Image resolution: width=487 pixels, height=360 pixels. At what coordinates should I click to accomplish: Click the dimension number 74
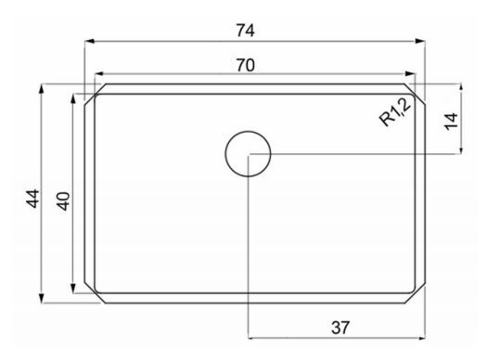pyautogui.click(x=246, y=31)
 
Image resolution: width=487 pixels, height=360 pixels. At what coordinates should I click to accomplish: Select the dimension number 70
pyautogui.click(x=246, y=65)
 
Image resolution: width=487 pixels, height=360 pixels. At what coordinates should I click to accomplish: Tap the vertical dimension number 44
pyautogui.click(x=32, y=199)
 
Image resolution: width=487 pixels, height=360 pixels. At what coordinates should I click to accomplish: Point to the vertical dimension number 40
pyautogui.click(x=63, y=201)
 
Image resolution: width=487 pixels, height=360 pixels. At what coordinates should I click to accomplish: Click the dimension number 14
pyautogui.click(x=451, y=122)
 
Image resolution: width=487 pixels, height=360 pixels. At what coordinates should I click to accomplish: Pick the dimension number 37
pyautogui.click(x=340, y=328)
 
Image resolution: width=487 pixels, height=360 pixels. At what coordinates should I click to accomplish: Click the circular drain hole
pyautogui.click(x=248, y=154)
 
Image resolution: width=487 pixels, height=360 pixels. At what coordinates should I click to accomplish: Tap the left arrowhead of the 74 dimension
pyautogui.click(x=89, y=41)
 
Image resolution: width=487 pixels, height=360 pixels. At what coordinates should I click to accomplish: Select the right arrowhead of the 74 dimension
pyautogui.click(x=420, y=41)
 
